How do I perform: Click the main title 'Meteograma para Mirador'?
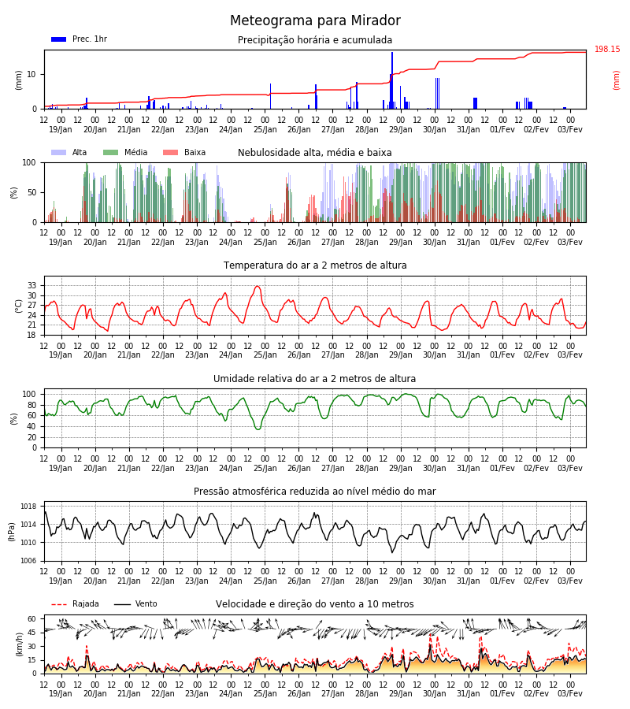pos(315,20)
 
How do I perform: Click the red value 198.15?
pos(607,49)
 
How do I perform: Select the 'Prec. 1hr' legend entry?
pos(79,39)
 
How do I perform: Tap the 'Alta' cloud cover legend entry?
pos(69,152)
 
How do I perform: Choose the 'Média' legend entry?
pos(125,152)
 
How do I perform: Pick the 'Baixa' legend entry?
pos(184,152)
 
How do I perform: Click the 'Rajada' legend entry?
pos(75,603)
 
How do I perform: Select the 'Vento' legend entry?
pos(135,603)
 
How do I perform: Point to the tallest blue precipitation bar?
pos(392,80)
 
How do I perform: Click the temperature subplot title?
pos(315,265)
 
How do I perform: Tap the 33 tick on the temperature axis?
pos(32,285)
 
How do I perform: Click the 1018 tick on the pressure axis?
pos(28,507)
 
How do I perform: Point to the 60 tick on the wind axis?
pos(32,618)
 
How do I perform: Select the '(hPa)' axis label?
pos(11,532)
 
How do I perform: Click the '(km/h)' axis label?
pos(19,644)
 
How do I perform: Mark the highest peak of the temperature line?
pos(258,286)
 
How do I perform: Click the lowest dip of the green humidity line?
pos(258,429)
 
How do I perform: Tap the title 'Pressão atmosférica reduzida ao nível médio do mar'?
pos(315,491)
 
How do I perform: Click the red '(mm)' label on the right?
pos(616,80)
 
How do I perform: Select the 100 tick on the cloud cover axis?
pos(29,162)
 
